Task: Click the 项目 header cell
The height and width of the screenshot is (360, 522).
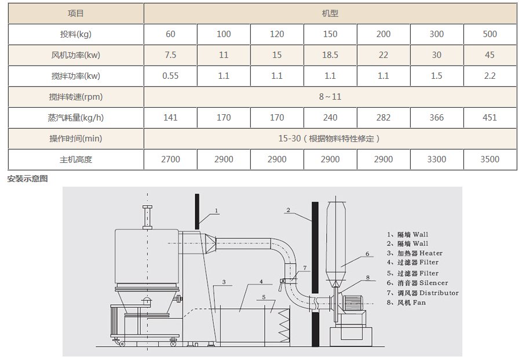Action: click(x=75, y=13)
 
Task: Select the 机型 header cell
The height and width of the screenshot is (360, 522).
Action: click(x=330, y=13)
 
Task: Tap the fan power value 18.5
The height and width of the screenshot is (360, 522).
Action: click(x=330, y=55)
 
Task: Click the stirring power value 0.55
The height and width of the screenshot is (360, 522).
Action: click(x=170, y=76)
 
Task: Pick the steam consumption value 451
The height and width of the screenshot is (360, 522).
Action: click(x=490, y=118)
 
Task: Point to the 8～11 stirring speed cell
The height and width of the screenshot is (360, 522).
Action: click(x=330, y=97)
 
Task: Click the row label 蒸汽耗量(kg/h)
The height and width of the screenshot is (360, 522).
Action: click(x=75, y=118)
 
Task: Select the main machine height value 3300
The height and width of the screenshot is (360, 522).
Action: click(x=436, y=159)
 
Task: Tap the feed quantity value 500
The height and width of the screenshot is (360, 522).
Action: click(x=490, y=34)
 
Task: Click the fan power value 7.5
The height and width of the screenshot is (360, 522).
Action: click(x=170, y=55)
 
